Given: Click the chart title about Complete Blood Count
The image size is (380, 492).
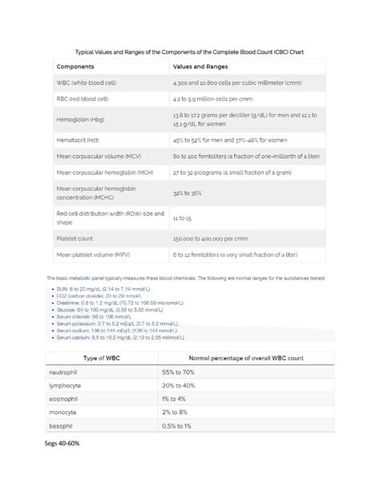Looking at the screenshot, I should tap(190, 51).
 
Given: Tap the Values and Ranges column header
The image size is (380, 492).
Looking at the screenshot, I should tap(200, 67).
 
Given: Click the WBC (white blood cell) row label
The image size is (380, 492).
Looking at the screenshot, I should tap(86, 84).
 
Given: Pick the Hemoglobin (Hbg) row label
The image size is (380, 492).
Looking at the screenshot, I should tap(80, 120).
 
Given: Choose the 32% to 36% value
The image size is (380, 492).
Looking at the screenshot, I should tap(188, 193).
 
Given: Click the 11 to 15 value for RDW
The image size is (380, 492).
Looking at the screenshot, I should tap(182, 218).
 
